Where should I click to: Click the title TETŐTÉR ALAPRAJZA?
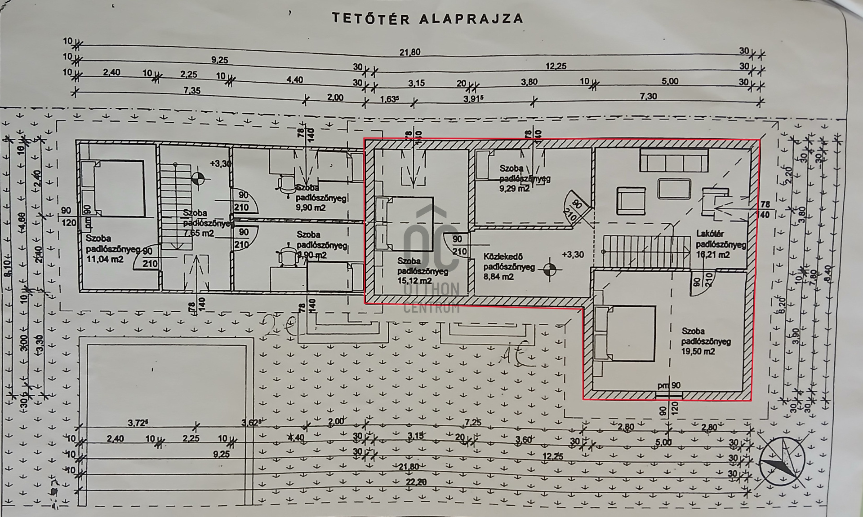[427, 18]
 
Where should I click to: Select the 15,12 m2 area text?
[414, 281]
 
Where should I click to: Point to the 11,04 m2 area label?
[104, 259]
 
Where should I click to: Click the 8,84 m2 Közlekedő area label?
[498, 277]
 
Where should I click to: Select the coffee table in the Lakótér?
[674, 189]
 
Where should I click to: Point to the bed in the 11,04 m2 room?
[112, 189]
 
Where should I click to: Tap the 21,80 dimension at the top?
[409, 52]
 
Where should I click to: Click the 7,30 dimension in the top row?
[648, 96]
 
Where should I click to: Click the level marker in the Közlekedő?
[549, 270]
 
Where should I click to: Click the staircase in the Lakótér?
[646, 252]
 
